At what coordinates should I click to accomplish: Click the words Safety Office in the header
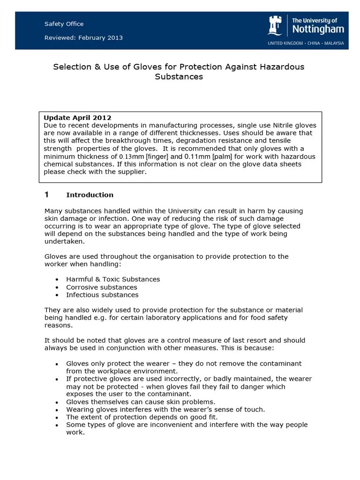64,24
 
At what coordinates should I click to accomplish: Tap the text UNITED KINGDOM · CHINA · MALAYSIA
306,43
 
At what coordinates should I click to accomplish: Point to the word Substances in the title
179,76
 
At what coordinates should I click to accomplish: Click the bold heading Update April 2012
77,117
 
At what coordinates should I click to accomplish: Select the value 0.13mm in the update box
131,157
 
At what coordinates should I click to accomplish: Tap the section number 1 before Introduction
46,195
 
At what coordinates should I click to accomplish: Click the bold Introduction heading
90,195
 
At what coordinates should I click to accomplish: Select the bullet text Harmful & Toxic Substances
113,279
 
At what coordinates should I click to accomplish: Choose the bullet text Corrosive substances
102,287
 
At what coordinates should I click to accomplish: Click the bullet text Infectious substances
102,295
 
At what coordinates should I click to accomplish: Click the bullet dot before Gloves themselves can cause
57,402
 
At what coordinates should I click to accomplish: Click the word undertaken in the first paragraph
64,241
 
